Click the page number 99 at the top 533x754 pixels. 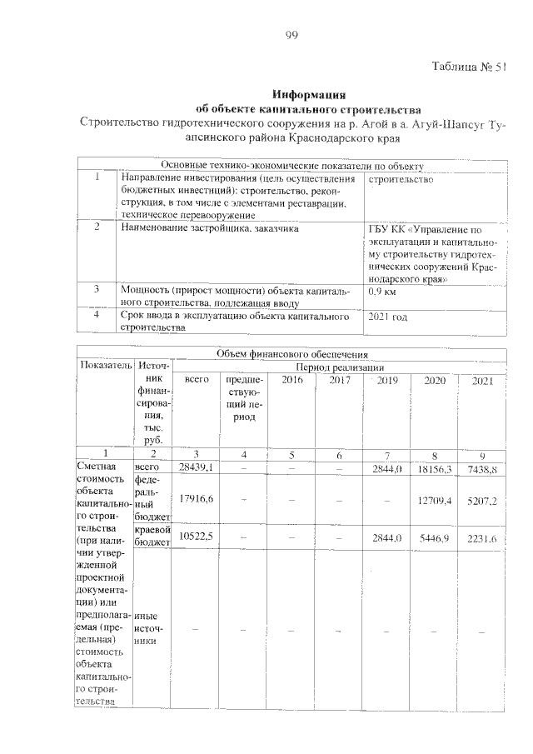291,34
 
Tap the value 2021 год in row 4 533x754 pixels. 387,317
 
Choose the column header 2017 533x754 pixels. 340,380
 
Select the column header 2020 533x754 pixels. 435,380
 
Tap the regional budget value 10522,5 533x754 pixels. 197,538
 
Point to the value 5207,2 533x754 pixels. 483,499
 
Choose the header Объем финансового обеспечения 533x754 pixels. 291,354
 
